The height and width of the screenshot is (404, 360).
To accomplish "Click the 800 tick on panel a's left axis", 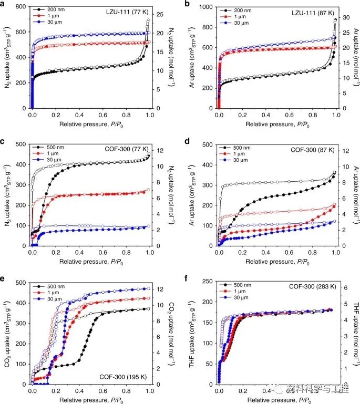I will [23, 7].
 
